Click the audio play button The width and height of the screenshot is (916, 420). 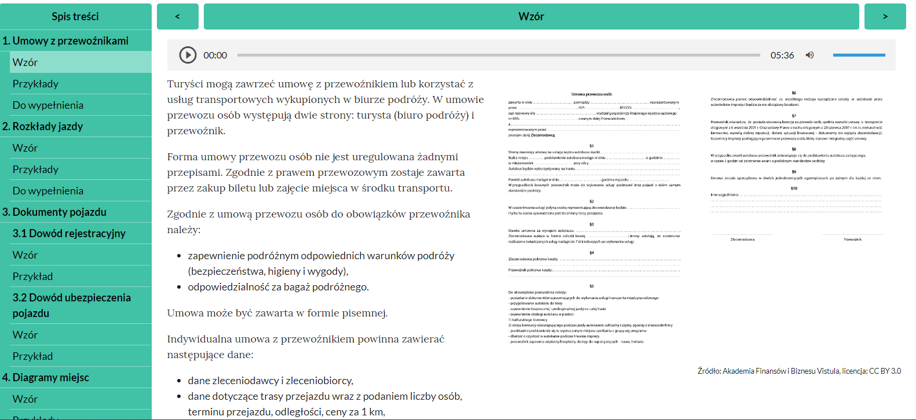[188, 55]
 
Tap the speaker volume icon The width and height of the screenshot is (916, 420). [809, 55]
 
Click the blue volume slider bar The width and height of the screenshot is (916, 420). [859, 55]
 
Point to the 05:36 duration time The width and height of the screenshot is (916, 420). [782, 56]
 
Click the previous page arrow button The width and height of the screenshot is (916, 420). [178, 16]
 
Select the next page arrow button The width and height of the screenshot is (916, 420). [885, 16]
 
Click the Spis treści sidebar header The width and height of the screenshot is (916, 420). [75, 16]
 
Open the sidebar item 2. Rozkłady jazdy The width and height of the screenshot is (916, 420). [43, 126]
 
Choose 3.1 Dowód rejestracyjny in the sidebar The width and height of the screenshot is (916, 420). [69, 233]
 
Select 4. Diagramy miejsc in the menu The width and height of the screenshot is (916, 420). [46, 377]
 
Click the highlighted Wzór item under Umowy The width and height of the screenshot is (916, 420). [25, 62]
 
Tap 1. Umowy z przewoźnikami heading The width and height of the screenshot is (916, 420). [65, 40]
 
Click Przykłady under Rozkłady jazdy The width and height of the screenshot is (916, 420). [36, 169]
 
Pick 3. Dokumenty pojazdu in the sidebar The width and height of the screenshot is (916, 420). [54, 212]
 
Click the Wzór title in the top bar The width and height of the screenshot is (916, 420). [531, 16]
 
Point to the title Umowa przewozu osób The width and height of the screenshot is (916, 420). [591, 94]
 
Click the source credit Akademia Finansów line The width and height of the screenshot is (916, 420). [799, 371]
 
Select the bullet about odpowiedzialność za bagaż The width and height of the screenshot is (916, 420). [278, 287]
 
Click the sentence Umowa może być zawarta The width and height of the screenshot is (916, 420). [277, 313]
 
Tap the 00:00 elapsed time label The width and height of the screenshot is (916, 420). [215, 56]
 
